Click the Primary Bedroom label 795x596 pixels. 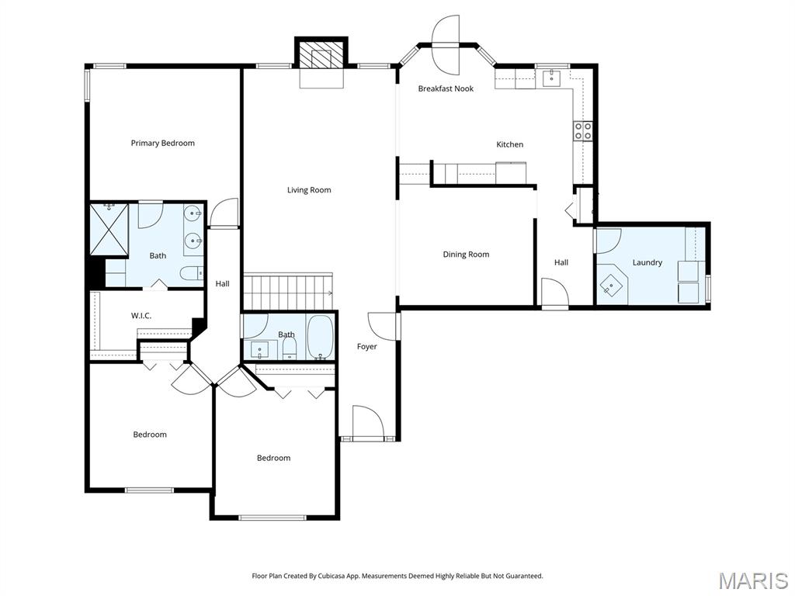(163, 143)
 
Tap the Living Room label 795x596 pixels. (309, 190)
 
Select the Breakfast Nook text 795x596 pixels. (446, 88)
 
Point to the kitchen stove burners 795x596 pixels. (582, 130)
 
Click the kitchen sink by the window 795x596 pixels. (551, 78)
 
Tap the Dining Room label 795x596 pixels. (466, 255)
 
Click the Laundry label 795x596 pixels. (647, 262)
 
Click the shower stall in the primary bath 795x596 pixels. (109, 229)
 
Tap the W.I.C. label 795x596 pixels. (141, 316)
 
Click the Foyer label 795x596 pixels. (366, 347)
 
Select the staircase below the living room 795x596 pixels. (288, 292)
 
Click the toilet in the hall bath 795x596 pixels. (290, 348)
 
